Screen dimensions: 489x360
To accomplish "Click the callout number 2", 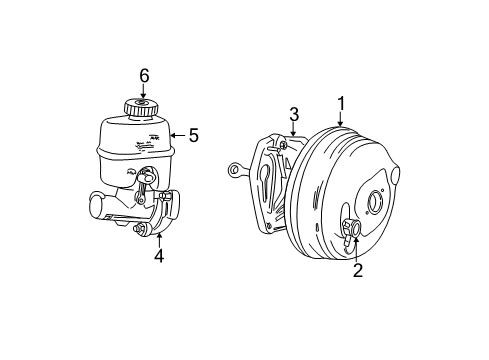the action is point(358,269).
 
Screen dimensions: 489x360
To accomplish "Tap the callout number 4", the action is point(159,255).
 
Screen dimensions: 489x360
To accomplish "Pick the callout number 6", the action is point(144,75).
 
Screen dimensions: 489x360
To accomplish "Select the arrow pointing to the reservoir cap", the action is point(144,91).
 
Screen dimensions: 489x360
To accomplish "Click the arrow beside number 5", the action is point(178,133).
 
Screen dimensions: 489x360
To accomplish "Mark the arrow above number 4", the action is point(159,237).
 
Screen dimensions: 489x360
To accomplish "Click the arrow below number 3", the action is point(293,130).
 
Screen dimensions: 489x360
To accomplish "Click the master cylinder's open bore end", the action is point(96,207).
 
